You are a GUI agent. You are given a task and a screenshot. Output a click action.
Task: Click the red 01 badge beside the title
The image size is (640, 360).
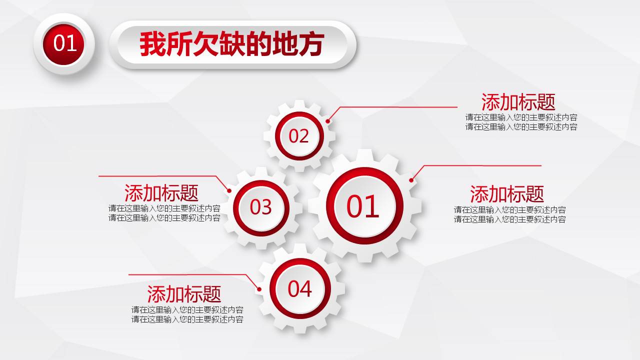[64, 43]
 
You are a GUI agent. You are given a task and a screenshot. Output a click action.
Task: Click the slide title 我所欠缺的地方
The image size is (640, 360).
[232, 44]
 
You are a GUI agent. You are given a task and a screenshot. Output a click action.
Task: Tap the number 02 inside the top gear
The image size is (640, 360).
[299, 136]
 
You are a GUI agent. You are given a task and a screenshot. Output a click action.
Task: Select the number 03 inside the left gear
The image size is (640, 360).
[260, 207]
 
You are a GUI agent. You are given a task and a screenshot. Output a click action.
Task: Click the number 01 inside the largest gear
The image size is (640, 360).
[363, 206]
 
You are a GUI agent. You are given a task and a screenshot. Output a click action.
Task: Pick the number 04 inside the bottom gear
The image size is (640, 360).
[299, 288]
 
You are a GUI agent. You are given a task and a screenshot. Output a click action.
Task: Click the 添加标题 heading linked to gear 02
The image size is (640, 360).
[518, 102]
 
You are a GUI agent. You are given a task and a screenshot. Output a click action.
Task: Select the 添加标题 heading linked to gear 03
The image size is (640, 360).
[161, 192]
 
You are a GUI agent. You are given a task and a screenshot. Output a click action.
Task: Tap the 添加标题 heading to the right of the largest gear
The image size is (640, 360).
[506, 193]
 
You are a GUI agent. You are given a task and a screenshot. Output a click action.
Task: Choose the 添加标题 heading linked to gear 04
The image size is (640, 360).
[184, 293]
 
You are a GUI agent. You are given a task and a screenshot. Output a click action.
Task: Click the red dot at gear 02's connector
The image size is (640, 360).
[328, 121]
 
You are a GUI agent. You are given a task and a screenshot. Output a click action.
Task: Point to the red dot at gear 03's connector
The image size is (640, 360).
[229, 190]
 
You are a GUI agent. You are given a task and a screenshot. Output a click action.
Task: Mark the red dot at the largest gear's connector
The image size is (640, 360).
[411, 180]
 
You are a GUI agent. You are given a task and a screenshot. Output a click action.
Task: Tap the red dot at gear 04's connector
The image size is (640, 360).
[259, 288]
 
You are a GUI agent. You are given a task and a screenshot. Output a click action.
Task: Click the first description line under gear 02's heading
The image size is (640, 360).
[521, 117]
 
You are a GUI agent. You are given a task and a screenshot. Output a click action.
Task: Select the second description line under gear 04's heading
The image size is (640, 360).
[187, 319]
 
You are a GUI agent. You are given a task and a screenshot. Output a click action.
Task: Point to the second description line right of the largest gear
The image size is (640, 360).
[509, 219]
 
